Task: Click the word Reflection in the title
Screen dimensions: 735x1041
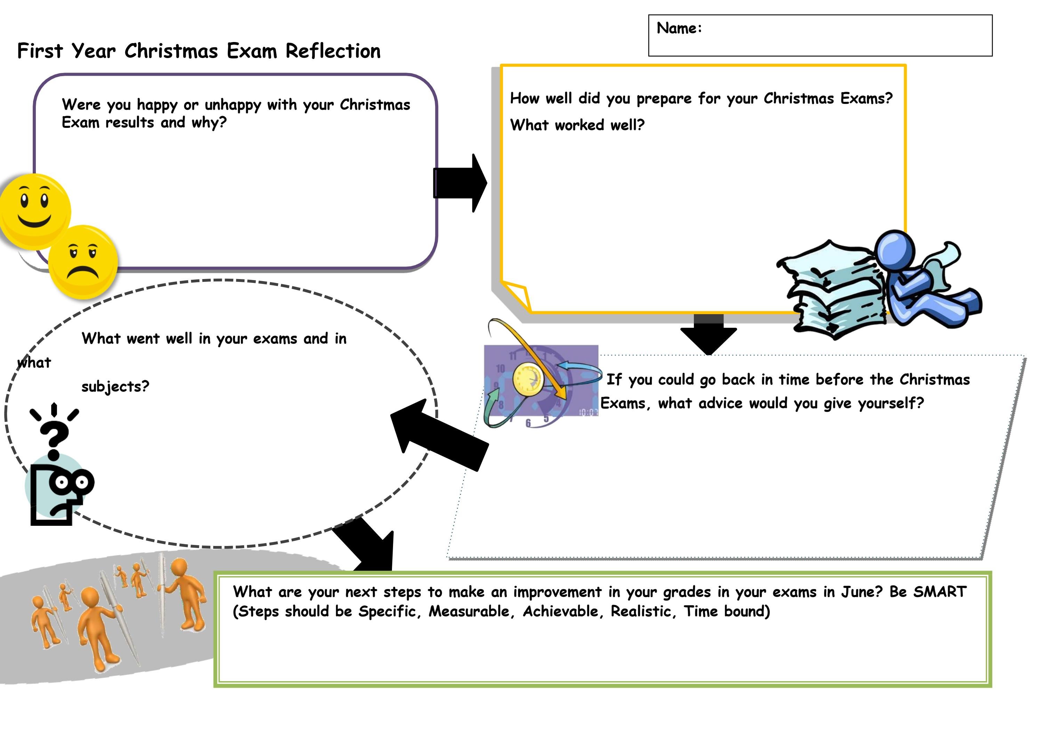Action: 333,51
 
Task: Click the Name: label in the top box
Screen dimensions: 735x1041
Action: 679,28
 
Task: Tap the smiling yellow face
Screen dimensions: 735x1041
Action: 34,210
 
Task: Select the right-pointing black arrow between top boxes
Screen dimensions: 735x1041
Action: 460,182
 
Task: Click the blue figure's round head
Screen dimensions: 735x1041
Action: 895,250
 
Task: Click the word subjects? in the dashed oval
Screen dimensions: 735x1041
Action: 115,386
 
